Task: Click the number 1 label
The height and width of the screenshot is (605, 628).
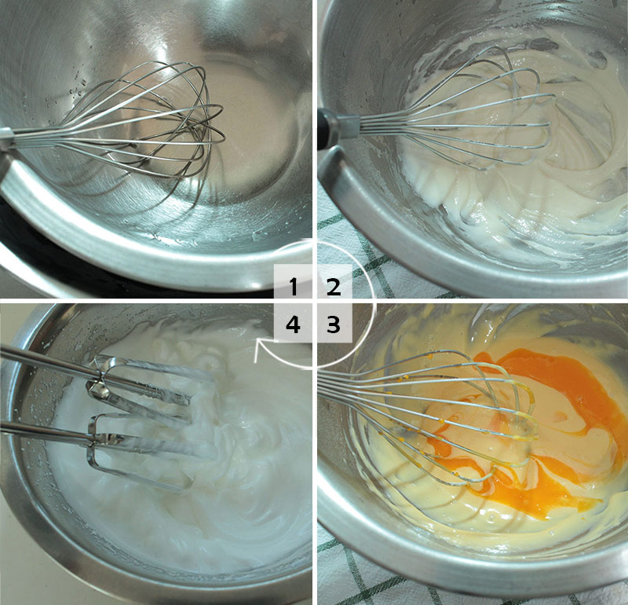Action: point(294,286)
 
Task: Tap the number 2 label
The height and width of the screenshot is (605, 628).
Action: point(333,286)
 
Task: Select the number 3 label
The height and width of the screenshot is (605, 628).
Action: point(333,324)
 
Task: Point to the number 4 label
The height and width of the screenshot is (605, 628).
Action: point(293,324)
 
